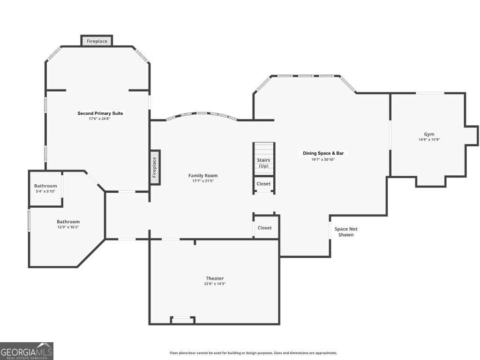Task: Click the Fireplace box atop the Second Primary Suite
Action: coord(97,41)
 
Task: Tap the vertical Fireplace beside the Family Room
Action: coord(155,167)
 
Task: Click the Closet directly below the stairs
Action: coord(263,184)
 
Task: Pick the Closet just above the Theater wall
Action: coord(265,228)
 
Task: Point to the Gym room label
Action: coord(429,134)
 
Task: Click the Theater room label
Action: coord(214,278)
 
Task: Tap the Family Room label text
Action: coord(203,176)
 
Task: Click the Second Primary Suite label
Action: coord(100,113)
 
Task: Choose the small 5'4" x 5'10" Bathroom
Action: coord(45,188)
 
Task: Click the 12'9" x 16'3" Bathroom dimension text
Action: coord(68,227)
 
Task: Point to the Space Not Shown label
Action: coord(346,232)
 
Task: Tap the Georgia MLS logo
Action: coord(27,351)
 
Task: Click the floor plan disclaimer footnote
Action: coord(253,353)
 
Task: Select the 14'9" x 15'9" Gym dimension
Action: coord(429,140)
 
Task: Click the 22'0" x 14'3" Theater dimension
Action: coord(214,284)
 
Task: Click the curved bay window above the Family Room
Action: coord(202,114)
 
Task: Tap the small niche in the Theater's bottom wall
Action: coord(183,320)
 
